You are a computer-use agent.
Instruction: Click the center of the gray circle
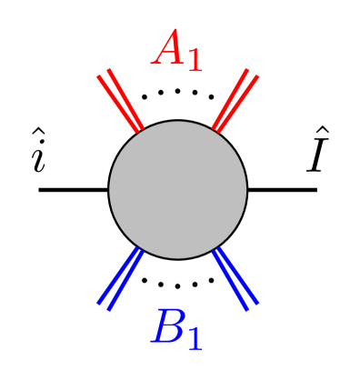(x=178, y=190)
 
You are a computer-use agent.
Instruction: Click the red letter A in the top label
(x=168, y=49)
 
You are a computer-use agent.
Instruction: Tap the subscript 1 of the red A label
(x=194, y=61)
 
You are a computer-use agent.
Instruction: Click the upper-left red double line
(x=120, y=101)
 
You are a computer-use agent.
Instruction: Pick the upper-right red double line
(x=235, y=100)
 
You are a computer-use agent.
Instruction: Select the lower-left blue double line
(x=121, y=278)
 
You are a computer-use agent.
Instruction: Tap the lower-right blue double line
(x=235, y=278)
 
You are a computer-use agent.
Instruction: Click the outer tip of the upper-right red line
(x=253, y=72)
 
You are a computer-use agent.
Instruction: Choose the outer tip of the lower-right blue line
(x=253, y=306)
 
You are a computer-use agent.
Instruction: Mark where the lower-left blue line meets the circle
(x=139, y=248)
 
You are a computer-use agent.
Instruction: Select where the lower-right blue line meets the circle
(x=217, y=248)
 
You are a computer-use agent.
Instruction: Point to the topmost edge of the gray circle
(x=178, y=122)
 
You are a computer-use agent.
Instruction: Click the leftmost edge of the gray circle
(x=110, y=190)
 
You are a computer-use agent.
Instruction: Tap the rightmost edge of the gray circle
(x=246, y=190)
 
